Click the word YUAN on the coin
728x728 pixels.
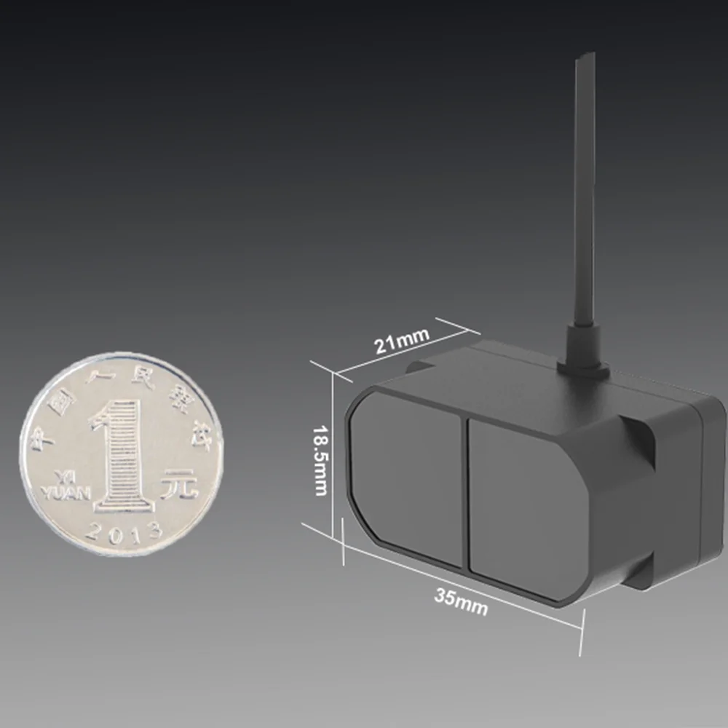click(x=66, y=494)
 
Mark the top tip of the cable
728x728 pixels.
click(x=585, y=56)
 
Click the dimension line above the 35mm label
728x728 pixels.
click(x=466, y=579)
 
